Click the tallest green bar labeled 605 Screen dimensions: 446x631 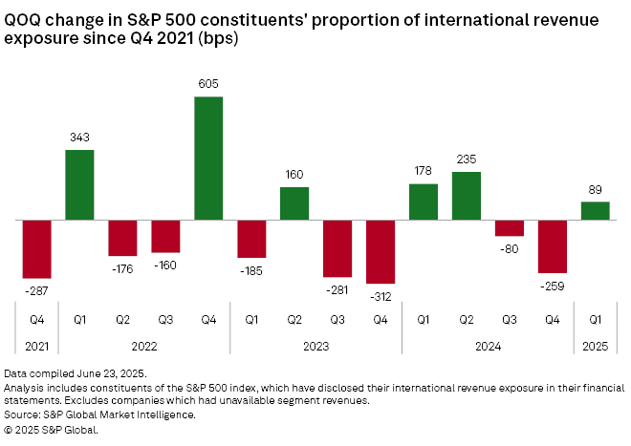[208, 158]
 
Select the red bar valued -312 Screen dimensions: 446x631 [381, 251]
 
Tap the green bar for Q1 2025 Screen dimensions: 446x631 [595, 210]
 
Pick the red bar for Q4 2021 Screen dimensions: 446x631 [36, 248]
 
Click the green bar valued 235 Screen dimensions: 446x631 [466, 196]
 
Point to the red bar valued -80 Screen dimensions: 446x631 [510, 228]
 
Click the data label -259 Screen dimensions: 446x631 [552, 285]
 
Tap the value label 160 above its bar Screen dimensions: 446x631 [294, 176]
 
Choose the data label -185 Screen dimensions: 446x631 [251, 269]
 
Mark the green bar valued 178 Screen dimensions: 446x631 [423, 202]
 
